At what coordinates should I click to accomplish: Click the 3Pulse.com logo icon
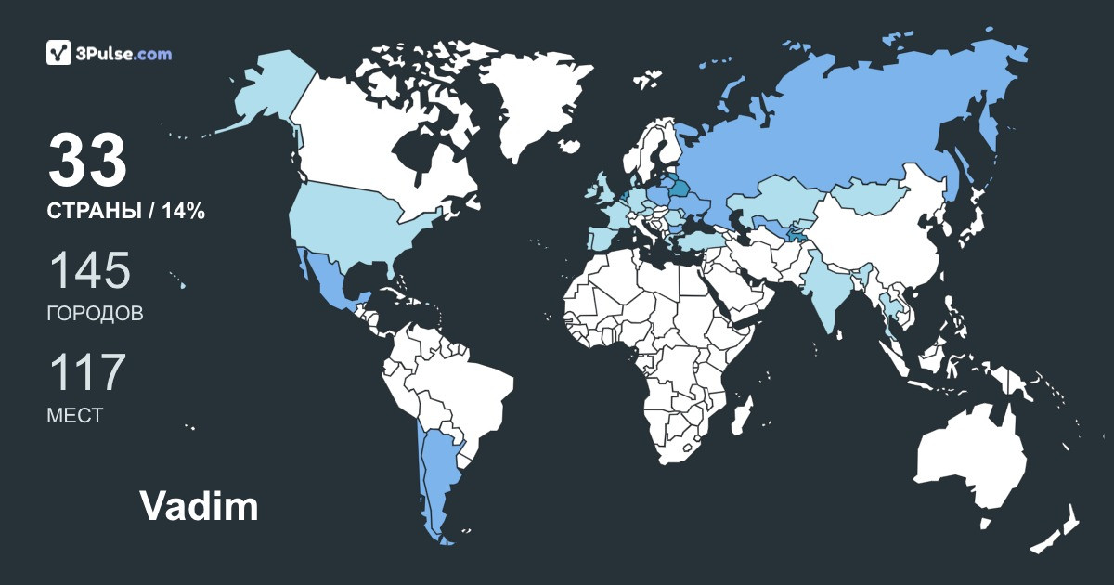(59, 53)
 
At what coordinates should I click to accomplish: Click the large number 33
(87, 160)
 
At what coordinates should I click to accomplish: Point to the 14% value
(183, 212)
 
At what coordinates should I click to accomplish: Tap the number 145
(89, 270)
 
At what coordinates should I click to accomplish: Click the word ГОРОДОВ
(95, 314)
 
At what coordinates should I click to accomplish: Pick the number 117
(86, 371)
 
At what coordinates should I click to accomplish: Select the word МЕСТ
(74, 415)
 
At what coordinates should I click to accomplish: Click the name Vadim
(199, 507)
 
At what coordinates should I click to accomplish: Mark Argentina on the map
(436, 474)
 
